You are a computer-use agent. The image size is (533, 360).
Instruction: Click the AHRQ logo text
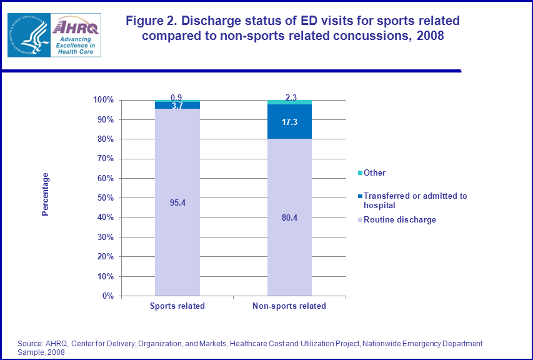tap(76, 27)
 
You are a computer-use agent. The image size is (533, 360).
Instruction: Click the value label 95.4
tap(177, 202)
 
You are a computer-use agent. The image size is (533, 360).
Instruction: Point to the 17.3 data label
tap(289, 122)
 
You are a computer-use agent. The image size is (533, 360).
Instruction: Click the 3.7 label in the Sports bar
tap(177, 106)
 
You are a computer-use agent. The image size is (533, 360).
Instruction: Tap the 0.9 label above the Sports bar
tap(177, 97)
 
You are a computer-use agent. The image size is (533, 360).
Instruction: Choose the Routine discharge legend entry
tap(400, 219)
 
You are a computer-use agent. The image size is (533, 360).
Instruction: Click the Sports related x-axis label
tap(177, 306)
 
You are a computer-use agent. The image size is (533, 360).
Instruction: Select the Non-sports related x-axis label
tap(289, 306)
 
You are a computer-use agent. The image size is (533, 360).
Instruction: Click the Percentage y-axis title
tap(45, 194)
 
